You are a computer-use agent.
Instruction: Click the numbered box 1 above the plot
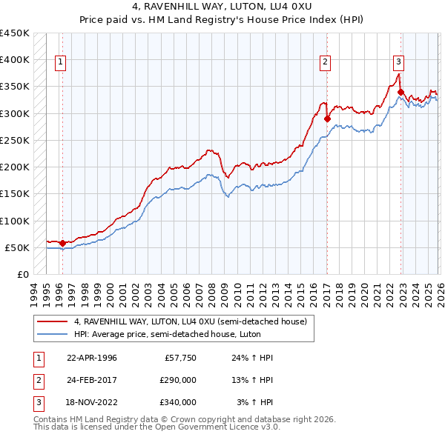(60, 63)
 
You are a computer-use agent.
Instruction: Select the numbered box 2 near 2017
(325, 63)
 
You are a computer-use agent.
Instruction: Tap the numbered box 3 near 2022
(398, 63)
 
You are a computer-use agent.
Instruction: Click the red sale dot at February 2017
(327, 118)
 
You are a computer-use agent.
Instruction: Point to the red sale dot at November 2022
(400, 92)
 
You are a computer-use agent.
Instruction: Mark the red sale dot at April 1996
(62, 243)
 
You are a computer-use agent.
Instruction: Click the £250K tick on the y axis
(15, 140)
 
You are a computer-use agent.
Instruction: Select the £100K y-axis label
(15, 221)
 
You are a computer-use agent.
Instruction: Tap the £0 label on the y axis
(22, 275)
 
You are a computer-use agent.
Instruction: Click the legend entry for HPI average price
(167, 334)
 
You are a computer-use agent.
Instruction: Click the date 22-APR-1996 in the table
(92, 358)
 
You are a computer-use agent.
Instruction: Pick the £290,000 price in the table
(178, 380)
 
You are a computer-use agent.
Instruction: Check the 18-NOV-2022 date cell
(92, 402)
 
